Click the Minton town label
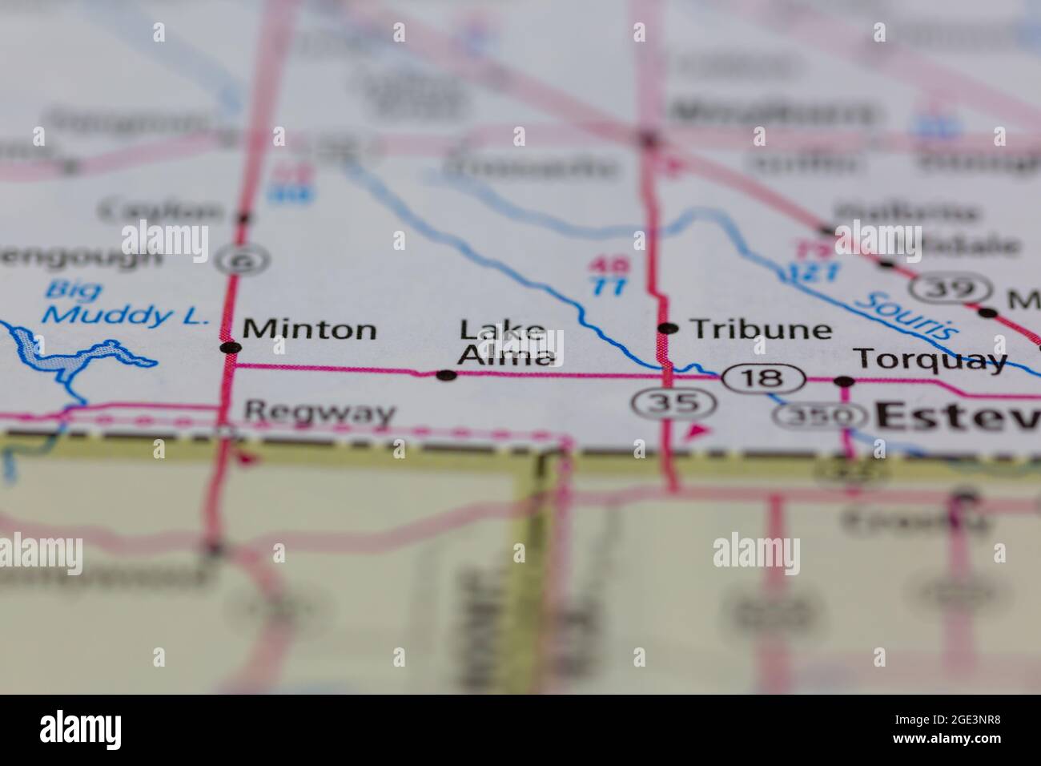click(309, 329)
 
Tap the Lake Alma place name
click(506, 343)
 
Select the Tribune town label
click(761, 329)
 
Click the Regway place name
click(319, 413)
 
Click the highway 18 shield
click(763, 377)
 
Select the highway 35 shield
click(669, 402)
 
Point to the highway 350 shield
click(821, 416)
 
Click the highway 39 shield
click(953, 288)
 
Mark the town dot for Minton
click(230, 348)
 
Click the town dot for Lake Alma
click(447, 374)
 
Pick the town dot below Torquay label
click(843, 381)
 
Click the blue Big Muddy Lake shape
click(60, 357)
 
